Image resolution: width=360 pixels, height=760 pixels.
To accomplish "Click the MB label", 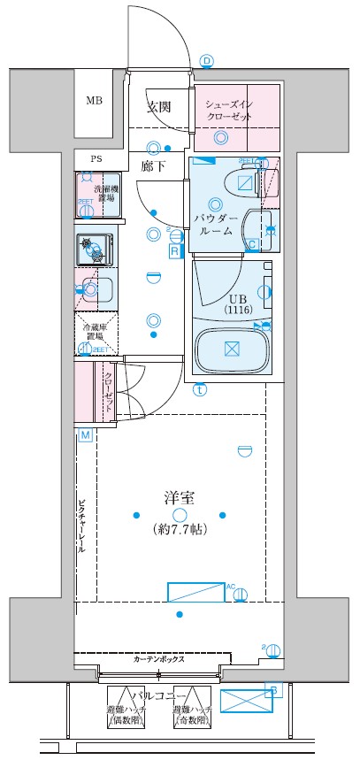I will pyautogui.click(x=94, y=100).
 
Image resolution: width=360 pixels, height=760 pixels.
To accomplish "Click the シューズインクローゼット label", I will pyautogui.click(x=236, y=109).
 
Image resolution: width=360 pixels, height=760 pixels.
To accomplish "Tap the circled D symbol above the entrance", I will pyautogui.click(x=207, y=60).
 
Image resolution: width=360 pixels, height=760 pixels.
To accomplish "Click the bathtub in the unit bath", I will pyautogui.click(x=231, y=349).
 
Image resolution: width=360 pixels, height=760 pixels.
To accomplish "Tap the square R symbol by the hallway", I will pyautogui.click(x=175, y=252).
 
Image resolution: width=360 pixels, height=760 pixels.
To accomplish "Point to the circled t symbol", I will pyautogui.click(x=201, y=388).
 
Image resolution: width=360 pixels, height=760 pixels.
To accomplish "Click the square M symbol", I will pyautogui.click(x=85, y=435).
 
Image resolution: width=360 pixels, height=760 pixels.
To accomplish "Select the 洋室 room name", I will pyautogui.click(x=179, y=497).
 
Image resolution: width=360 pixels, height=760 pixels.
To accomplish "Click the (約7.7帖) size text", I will pyautogui.click(x=180, y=531).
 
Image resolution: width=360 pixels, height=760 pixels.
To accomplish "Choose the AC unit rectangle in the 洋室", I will pyautogui.click(x=196, y=591).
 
